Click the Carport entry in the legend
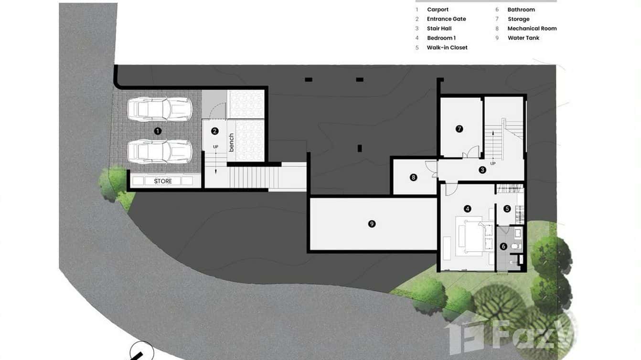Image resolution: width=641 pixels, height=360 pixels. [438, 10]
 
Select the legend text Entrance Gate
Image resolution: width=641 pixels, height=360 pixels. [446, 19]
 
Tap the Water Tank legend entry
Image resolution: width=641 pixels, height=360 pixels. [523, 38]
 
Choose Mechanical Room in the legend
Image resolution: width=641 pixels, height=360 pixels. [532, 29]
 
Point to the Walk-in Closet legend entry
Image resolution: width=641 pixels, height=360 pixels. [447, 48]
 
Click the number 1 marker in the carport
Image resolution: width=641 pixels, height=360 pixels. [158, 130]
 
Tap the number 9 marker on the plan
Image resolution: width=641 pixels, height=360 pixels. [372, 223]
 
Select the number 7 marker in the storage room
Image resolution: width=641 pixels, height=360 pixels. [459, 128]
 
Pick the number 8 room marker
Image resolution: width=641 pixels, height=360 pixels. [414, 177]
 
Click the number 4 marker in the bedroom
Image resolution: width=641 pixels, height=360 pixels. [468, 209]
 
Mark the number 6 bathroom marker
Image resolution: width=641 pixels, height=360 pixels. [503, 246]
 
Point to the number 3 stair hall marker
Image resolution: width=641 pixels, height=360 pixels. [482, 169]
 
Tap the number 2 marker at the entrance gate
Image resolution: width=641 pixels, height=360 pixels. [215, 131]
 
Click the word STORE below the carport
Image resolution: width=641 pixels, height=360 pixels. [163, 181]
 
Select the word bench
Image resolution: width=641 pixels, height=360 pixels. [232, 142]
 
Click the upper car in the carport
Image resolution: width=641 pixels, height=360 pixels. [160, 109]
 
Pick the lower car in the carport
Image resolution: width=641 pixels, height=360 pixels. [160, 151]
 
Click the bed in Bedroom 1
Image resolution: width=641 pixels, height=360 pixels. [473, 236]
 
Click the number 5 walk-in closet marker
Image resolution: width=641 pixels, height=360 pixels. [507, 209]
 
